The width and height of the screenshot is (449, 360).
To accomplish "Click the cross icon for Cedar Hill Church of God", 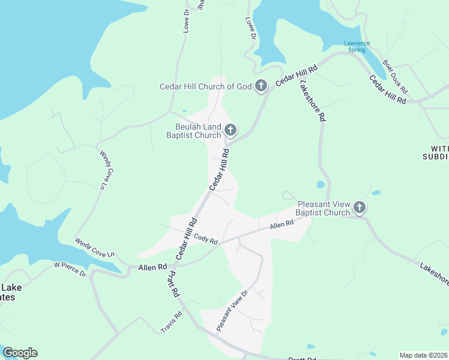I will [x=261, y=86].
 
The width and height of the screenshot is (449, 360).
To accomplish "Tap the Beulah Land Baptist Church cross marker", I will [x=229, y=130].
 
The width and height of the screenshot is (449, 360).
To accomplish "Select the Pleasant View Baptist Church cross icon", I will [x=360, y=208].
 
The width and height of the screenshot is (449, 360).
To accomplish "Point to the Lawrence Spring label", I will [x=357, y=46].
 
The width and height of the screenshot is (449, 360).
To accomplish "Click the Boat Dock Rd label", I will [x=396, y=76].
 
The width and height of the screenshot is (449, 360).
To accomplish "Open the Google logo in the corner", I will [x=20, y=353].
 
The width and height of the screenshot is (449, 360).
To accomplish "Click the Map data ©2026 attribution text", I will [x=423, y=355].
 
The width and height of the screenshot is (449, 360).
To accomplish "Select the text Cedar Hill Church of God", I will [x=205, y=86].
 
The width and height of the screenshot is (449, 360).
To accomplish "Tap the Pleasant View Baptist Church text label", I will [x=323, y=208].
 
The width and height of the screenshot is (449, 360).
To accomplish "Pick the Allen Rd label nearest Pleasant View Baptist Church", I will [x=281, y=224].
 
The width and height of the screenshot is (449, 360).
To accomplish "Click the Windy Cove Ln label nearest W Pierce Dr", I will [x=95, y=248].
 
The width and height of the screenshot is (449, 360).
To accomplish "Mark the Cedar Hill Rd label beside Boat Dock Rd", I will [x=388, y=90].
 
